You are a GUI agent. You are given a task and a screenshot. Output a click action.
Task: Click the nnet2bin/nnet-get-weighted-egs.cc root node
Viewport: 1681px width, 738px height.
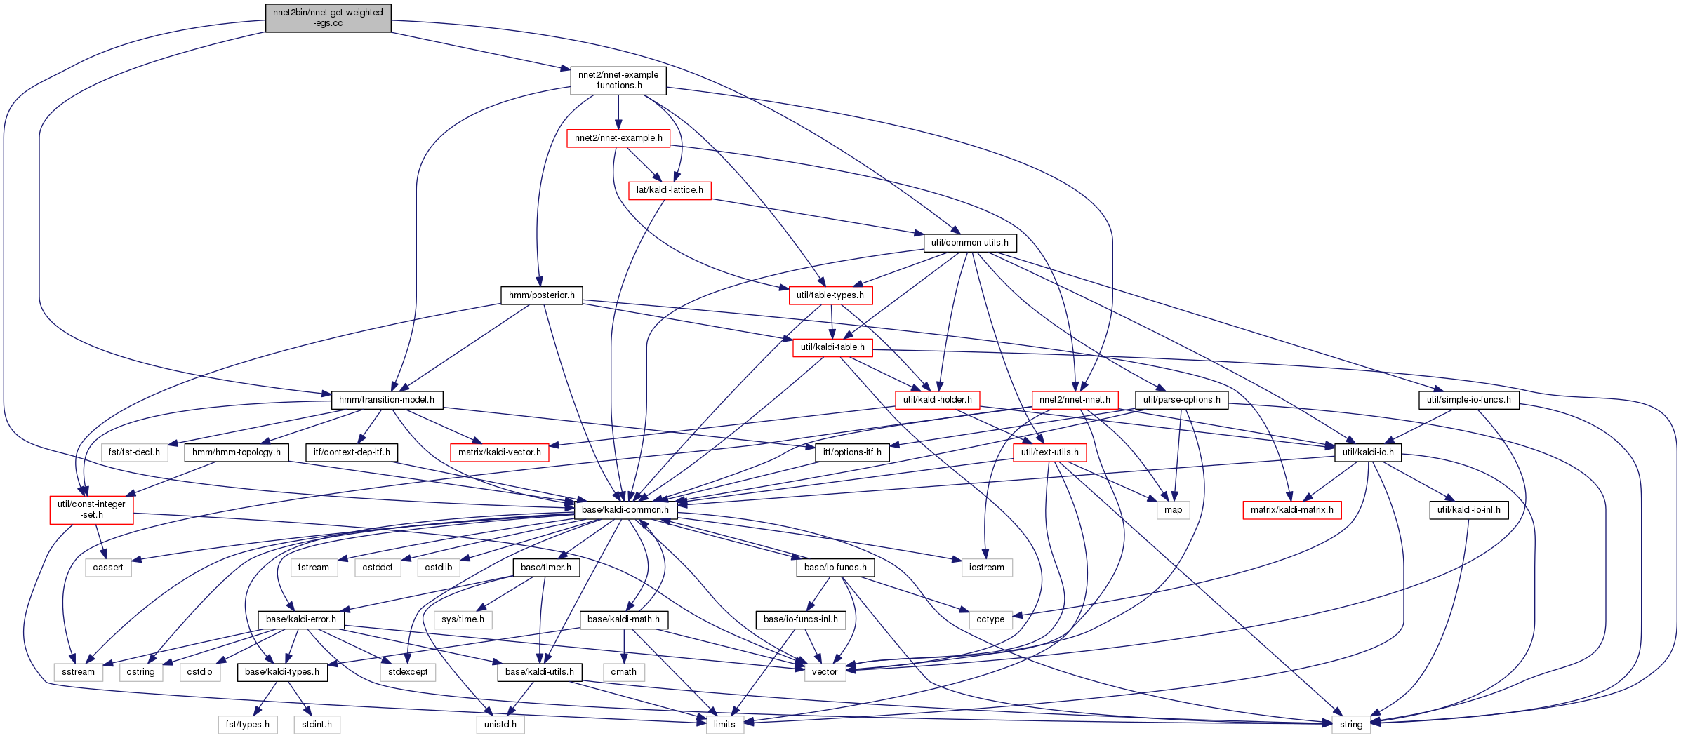point(328,18)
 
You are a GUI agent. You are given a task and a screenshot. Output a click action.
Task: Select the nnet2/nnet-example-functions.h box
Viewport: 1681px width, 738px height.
point(618,80)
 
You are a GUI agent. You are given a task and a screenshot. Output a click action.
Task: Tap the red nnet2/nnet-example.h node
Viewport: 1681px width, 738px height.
point(618,138)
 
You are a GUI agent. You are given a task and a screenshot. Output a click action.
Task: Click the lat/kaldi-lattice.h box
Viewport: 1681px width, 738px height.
point(670,190)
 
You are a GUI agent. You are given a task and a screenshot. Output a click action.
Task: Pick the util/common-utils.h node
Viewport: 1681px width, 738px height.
point(969,243)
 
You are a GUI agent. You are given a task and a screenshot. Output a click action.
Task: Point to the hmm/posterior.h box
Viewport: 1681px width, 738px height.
point(542,295)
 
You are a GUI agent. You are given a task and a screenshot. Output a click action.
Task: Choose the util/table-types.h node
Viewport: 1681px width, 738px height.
point(830,295)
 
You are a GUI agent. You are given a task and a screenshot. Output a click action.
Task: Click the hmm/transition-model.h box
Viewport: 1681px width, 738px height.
point(387,400)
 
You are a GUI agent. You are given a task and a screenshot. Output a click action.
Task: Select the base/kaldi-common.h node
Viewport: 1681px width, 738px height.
point(625,510)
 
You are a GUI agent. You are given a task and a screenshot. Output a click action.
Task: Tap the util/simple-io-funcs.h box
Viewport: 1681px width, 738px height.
point(1468,400)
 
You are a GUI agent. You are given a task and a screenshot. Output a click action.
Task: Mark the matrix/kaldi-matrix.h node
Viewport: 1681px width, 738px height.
point(1291,510)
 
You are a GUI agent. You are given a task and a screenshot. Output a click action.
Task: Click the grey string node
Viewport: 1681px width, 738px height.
point(1351,725)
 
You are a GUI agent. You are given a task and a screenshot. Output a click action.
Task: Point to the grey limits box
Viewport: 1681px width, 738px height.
point(724,725)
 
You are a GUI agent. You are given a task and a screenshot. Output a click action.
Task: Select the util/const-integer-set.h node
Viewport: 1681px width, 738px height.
point(91,510)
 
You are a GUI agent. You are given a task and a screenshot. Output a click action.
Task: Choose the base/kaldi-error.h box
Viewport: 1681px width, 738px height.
point(300,619)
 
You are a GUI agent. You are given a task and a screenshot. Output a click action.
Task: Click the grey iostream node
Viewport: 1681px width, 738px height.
point(986,568)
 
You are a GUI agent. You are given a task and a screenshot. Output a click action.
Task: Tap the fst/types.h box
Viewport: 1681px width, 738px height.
point(247,725)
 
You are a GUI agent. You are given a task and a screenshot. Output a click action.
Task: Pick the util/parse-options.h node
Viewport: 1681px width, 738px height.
point(1181,400)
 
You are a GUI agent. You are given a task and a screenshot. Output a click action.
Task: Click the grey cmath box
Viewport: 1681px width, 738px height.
point(623,672)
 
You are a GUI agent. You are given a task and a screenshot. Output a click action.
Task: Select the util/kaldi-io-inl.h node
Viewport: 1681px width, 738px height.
point(1468,510)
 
